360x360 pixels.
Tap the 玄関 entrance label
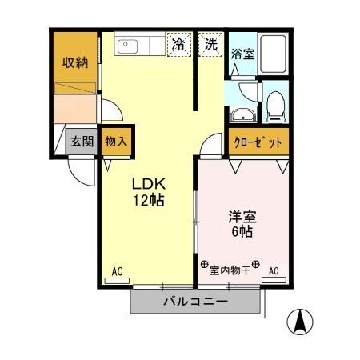pyautogui.click(x=81, y=142)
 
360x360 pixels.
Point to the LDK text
pyautogui.click(x=148, y=182)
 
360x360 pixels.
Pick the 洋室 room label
pyautogui.click(x=241, y=217)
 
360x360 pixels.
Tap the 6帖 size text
pyautogui.click(x=241, y=234)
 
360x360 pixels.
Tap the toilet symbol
pyautogui.click(x=274, y=102)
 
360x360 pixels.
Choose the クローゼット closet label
pyautogui.click(x=257, y=142)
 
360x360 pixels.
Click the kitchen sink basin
pyautogui.click(x=129, y=46)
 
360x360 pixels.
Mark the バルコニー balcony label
pyautogui.click(x=196, y=302)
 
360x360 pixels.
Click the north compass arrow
pyautogui.click(x=302, y=322)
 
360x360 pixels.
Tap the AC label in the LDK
pyautogui.click(x=117, y=271)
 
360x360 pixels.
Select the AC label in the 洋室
pyautogui.click(x=274, y=271)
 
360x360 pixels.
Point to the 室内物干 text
pyautogui.click(x=230, y=270)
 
